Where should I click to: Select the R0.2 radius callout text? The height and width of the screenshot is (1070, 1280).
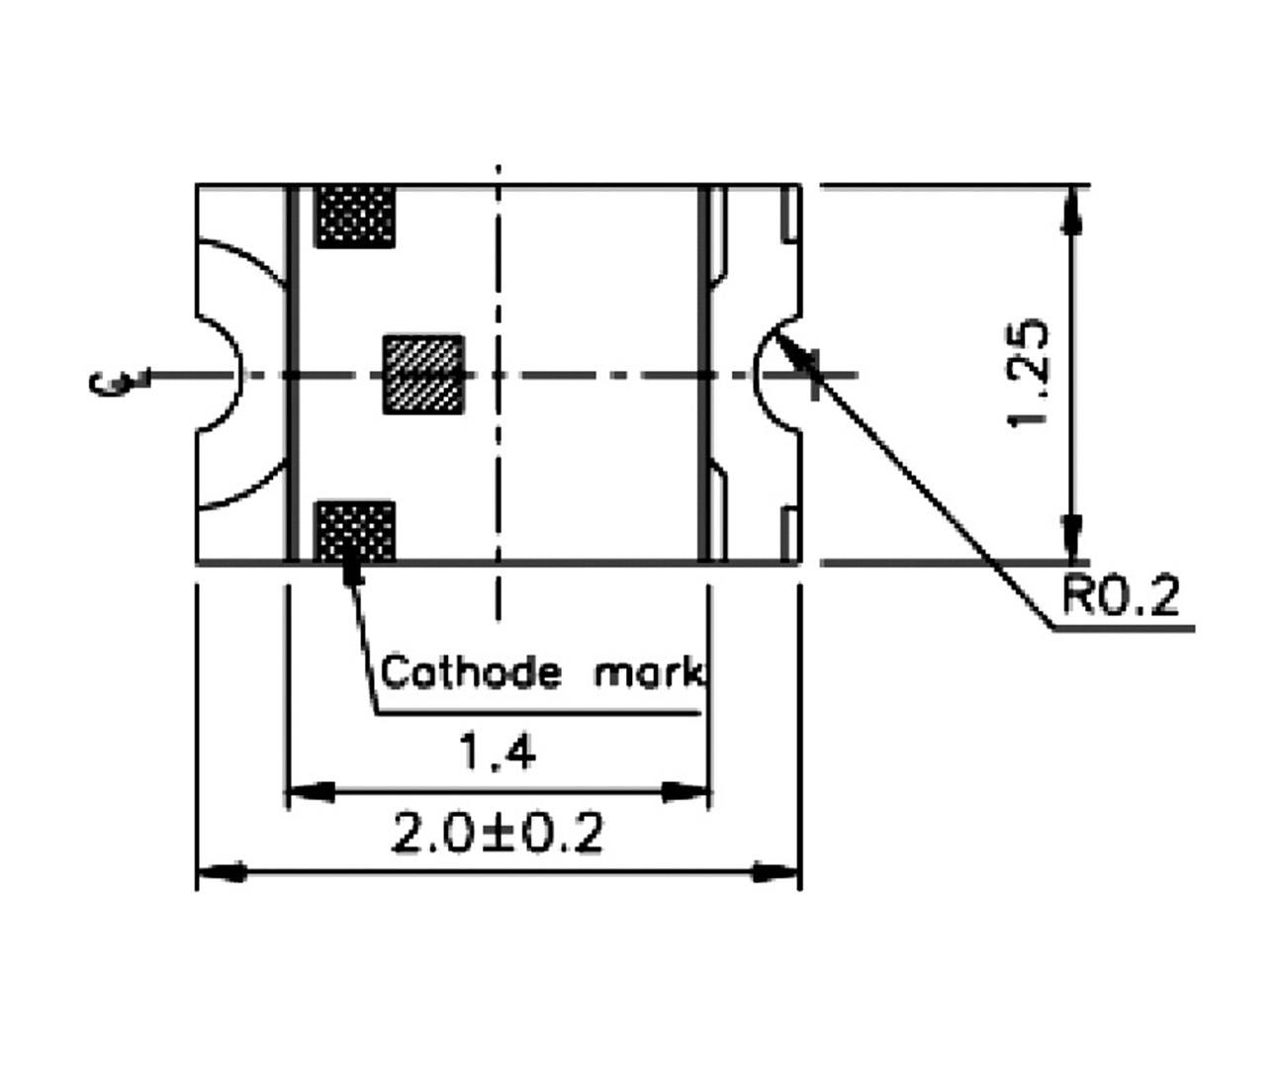[x=1120, y=596]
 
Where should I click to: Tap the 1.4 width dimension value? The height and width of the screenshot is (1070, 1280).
[x=498, y=755]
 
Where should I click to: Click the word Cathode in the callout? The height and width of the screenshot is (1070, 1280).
[x=471, y=672]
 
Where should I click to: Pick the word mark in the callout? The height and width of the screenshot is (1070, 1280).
[x=649, y=673]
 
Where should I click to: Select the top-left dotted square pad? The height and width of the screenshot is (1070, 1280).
[x=354, y=216]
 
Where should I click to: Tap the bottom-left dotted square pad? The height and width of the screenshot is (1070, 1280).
[x=354, y=532]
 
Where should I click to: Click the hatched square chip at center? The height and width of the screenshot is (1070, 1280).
[x=423, y=375]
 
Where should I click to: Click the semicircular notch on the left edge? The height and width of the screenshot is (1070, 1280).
[x=220, y=375]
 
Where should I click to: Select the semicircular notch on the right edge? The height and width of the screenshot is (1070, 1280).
[x=777, y=374]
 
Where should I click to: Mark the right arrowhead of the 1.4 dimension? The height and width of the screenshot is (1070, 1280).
[x=686, y=792]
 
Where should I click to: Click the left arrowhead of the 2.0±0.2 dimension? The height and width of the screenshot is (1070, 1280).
[x=222, y=873]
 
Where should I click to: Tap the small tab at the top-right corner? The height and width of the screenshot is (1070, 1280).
[x=790, y=212]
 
